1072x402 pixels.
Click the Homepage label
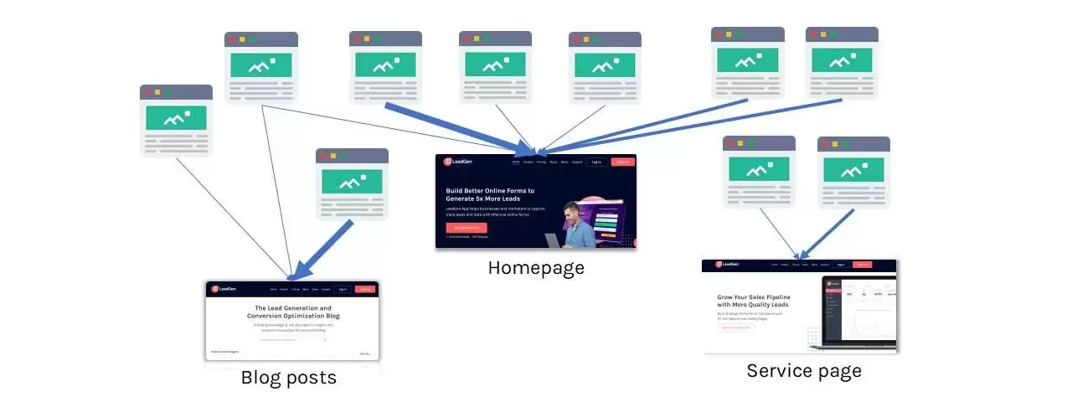pos(536,268)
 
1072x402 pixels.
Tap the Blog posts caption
pos(288,378)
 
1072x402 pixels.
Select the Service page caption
pos(803,370)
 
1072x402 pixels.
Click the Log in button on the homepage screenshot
pos(596,162)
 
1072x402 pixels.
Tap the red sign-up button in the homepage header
pos(622,162)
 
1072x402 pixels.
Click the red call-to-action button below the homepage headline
pos(466,228)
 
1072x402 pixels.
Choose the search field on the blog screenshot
pos(291,339)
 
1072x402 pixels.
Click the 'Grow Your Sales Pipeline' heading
pos(754,301)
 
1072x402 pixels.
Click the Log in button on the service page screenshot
pos(839,265)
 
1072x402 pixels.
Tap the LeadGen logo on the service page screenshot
pos(726,265)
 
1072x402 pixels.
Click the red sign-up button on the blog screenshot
pos(365,289)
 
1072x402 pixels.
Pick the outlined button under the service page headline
pos(737,327)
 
